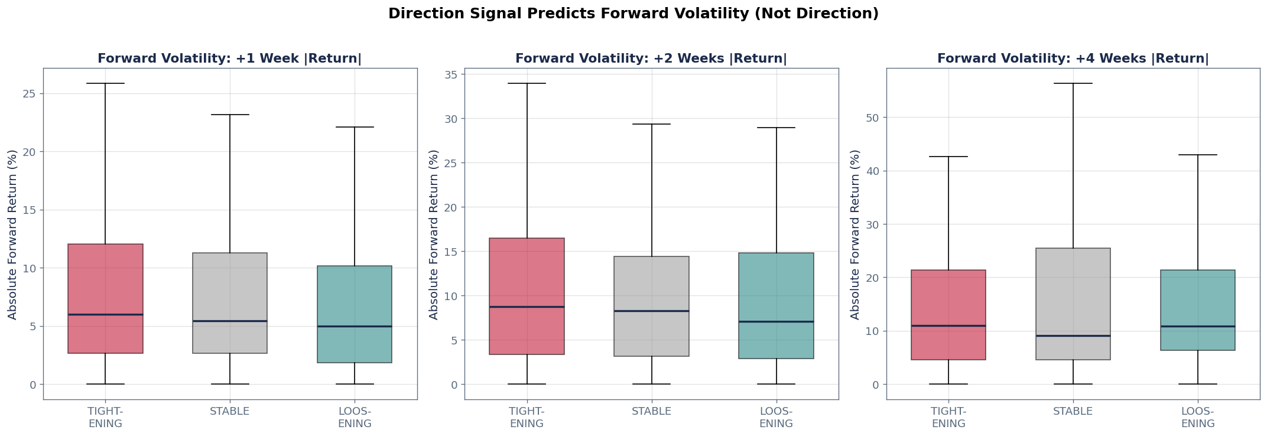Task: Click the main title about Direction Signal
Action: tap(633, 14)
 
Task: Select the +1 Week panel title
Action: tap(229, 58)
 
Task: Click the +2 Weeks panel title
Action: tap(651, 58)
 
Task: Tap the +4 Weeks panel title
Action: tap(1073, 58)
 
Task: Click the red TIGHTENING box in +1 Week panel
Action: tap(105, 278)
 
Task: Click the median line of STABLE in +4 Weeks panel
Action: tap(1073, 336)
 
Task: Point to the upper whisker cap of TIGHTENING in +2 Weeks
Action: tap(527, 83)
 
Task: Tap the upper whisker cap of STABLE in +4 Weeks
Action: tap(1073, 83)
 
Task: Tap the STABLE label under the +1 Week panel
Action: tap(229, 412)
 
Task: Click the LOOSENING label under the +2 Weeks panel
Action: tap(776, 418)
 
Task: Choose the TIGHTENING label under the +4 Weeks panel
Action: tap(948, 418)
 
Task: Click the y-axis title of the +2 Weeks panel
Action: tap(434, 235)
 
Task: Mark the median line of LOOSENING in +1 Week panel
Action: tap(354, 326)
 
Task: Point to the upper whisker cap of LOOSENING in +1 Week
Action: tap(354, 127)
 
